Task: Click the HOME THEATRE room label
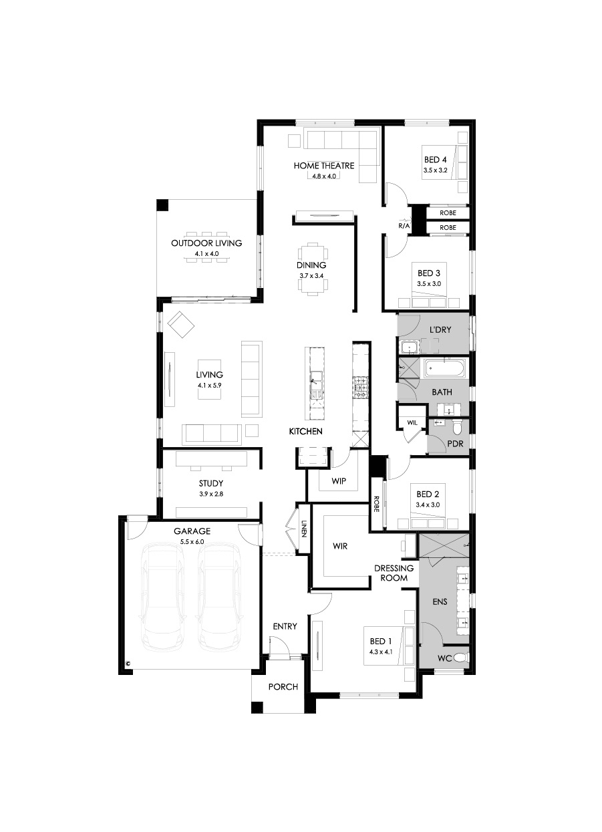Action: point(324,165)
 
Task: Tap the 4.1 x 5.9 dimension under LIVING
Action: point(209,386)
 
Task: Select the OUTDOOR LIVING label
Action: point(206,243)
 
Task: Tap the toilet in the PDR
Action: point(458,428)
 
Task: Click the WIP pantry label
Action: point(339,481)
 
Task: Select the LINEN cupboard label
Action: point(304,528)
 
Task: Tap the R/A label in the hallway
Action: point(404,225)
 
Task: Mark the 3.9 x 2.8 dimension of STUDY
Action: point(211,494)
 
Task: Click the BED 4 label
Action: point(435,160)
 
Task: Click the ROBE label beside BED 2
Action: point(375,504)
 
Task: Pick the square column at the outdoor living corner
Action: point(162,205)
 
